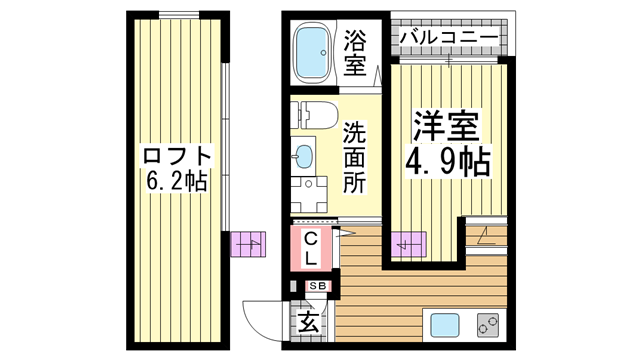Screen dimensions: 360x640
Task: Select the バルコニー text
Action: (448, 37)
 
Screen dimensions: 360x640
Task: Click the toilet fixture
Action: (310, 115)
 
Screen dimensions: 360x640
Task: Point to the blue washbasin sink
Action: (304, 155)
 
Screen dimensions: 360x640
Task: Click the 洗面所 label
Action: (355, 157)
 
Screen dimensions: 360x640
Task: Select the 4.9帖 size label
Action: (447, 160)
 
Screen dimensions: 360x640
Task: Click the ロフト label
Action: (177, 156)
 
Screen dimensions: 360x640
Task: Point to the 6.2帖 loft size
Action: (176, 182)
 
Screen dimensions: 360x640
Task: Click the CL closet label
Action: (311, 248)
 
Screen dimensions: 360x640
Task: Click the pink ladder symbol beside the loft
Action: (247, 244)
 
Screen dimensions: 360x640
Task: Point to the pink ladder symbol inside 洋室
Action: (409, 243)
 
